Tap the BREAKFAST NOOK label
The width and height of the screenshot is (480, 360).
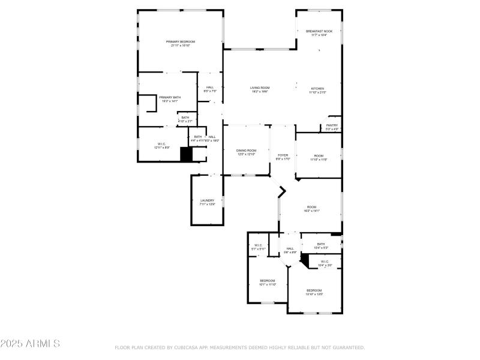click(319, 31)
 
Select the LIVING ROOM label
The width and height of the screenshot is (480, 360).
click(259, 88)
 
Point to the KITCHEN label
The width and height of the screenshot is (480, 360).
click(317, 88)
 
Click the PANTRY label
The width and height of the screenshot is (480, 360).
click(332, 125)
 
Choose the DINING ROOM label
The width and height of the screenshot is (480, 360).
click(247, 151)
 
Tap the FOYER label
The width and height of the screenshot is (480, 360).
click(283, 155)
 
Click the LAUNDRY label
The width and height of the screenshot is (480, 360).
click(207, 200)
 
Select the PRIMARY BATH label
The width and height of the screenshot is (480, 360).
click(170, 97)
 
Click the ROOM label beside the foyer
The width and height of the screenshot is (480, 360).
click(319, 156)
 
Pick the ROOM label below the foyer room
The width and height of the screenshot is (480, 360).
click(311, 207)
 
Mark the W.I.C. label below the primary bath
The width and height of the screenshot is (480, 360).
click(161, 144)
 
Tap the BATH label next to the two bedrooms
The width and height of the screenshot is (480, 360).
click(321, 244)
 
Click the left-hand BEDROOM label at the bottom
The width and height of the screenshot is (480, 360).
click(267, 281)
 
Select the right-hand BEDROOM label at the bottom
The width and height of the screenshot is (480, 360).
click(314, 290)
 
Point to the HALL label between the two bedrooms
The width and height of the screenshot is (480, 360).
click(290, 249)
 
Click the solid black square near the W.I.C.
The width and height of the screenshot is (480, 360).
click(187, 155)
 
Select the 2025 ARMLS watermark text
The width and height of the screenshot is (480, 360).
click(30, 344)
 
